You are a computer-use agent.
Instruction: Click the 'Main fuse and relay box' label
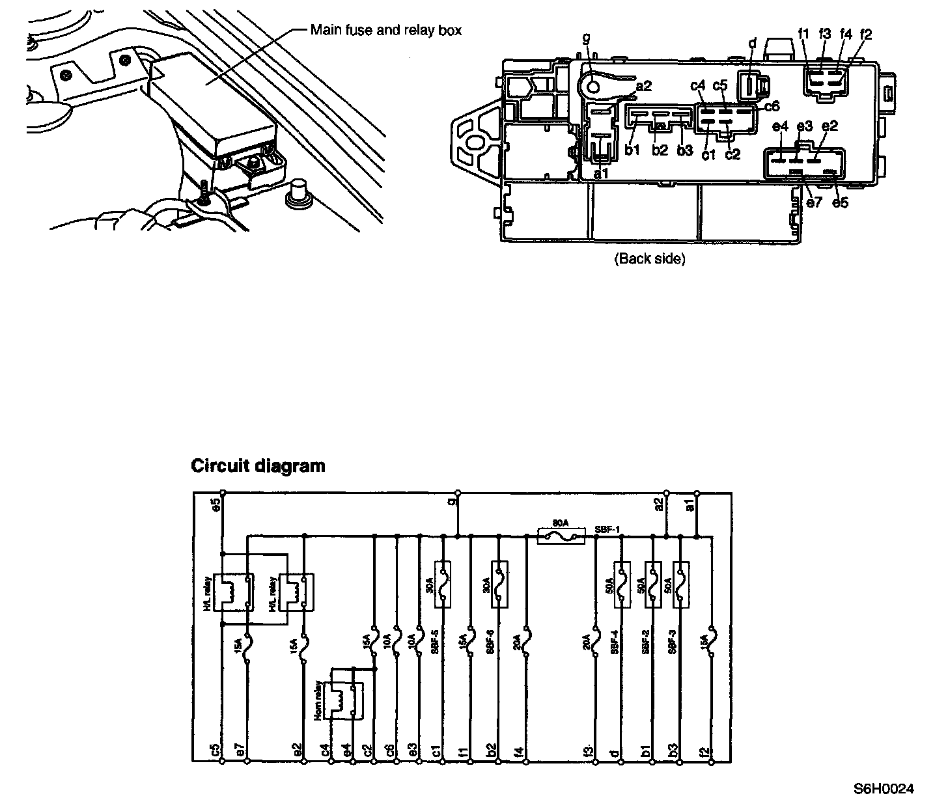385,30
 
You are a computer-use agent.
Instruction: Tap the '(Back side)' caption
650,258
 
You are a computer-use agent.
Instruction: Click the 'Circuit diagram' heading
257,466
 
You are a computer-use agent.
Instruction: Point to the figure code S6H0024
884,790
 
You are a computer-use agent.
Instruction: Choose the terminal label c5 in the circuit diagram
214,750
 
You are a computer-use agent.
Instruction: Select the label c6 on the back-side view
772,106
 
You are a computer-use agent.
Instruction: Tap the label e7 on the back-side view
814,202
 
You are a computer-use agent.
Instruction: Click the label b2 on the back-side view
660,150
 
